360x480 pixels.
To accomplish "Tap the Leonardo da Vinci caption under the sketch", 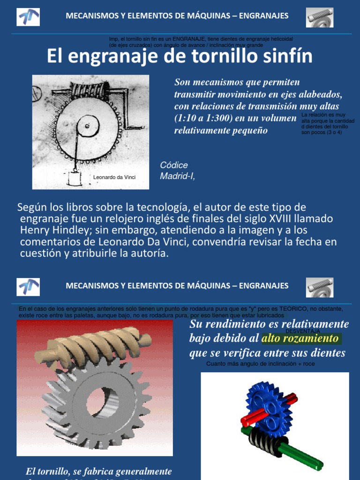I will coord(114,177).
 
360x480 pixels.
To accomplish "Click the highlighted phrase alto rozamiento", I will coord(300,338).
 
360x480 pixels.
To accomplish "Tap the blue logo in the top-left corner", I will coord(28,17).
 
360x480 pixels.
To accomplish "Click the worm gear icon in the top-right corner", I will coord(320,17).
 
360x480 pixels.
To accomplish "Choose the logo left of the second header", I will coord(28,287).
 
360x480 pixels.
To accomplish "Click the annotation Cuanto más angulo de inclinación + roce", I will coord(261,364).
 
